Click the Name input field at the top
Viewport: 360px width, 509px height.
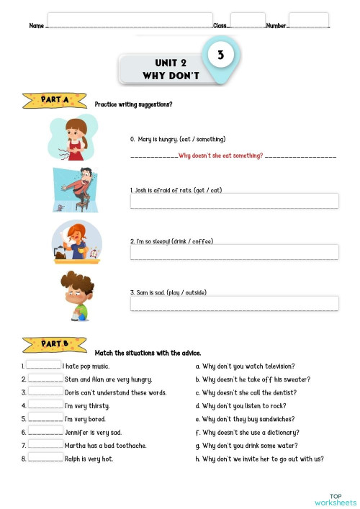[x=130, y=20]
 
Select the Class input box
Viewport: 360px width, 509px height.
[x=248, y=20]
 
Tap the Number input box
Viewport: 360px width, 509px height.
[x=308, y=20]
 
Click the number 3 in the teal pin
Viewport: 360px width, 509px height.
[x=220, y=54]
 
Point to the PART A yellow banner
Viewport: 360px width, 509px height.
[x=55, y=101]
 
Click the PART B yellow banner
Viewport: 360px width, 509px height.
[x=55, y=342]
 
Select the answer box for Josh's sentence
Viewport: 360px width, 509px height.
[x=234, y=201]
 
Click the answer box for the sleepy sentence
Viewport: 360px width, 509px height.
[x=234, y=252]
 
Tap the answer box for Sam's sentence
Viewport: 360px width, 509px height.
[x=234, y=303]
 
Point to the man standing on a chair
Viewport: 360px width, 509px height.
[x=76, y=189]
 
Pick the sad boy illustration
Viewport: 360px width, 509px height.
[x=77, y=294]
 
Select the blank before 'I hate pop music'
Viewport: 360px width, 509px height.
[x=44, y=366]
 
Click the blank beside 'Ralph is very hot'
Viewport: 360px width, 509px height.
[x=45, y=458]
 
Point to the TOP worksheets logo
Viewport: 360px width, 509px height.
[x=335, y=500]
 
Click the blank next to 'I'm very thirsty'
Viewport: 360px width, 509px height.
[x=45, y=405]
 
